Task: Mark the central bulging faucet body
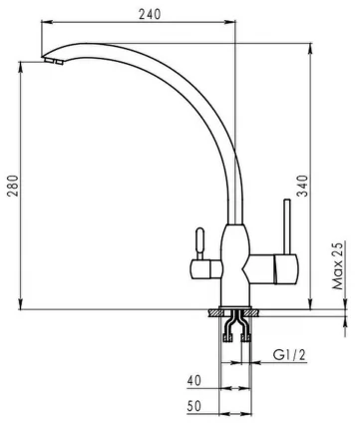click(237, 261)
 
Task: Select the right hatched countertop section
click(256, 314)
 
